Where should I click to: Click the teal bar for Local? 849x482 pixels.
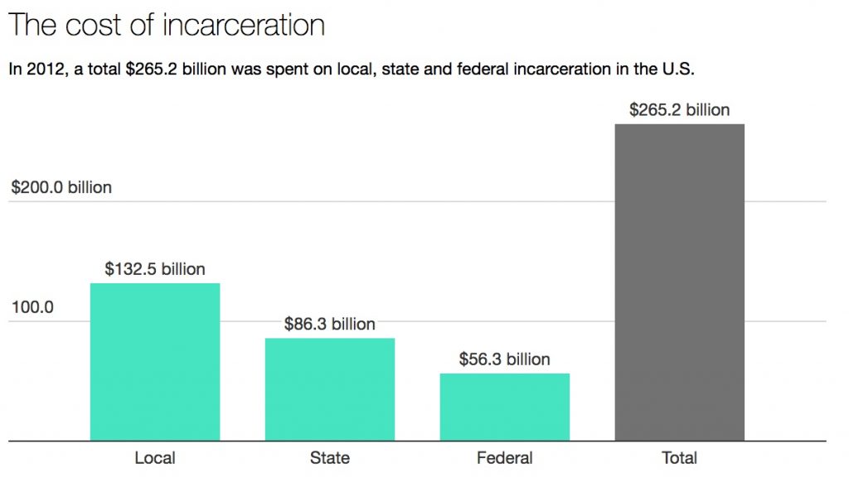(x=154, y=361)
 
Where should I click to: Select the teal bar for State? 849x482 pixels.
(x=330, y=388)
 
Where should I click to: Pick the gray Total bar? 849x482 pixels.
(x=679, y=282)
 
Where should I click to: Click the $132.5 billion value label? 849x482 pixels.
(x=155, y=269)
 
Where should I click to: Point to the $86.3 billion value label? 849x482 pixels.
(x=329, y=324)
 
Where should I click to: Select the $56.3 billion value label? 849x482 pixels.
(x=504, y=359)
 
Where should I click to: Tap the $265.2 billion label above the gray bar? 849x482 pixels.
(x=679, y=110)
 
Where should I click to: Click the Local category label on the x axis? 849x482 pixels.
(x=154, y=458)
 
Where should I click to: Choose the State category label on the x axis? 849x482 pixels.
(x=330, y=458)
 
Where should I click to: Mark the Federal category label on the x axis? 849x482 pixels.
(x=504, y=458)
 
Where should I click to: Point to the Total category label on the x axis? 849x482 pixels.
(x=679, y=458)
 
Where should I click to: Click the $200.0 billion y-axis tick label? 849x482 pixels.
(x=61, y=188)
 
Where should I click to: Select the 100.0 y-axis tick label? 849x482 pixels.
(x=32, y=307)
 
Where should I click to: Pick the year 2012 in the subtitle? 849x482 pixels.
(x=42, y=70)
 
